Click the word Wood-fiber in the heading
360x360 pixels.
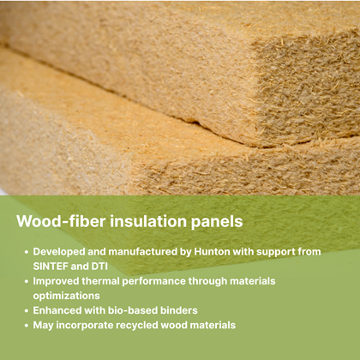click(61, 221)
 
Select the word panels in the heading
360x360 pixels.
click(217, 222)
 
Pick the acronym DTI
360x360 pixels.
click(99, 267)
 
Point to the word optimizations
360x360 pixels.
click(66, 296)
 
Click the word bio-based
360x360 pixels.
click(133, 310)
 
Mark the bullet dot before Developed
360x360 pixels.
click(27, 252)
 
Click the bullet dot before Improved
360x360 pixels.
click(27, 281)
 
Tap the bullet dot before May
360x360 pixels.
click(27, 326)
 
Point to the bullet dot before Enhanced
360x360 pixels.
click(27, 311)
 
